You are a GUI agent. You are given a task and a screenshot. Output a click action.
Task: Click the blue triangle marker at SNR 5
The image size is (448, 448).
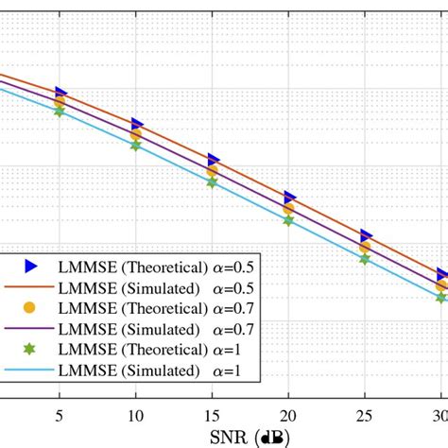tap(60, 93)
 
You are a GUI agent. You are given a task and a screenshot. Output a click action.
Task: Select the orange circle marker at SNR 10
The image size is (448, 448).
tap(137, 135)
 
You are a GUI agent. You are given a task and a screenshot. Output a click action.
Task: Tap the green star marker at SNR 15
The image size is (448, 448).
tap(213, 181)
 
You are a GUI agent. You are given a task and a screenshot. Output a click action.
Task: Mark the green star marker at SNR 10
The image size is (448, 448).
tap(136, 146)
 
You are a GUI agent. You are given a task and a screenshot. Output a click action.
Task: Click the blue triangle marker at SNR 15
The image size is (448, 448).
tap(214, 161)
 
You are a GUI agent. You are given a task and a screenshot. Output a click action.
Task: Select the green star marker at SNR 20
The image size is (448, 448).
tap(289, 219)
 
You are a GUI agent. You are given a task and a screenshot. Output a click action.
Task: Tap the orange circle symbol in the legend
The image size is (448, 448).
tap(29, 308)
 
